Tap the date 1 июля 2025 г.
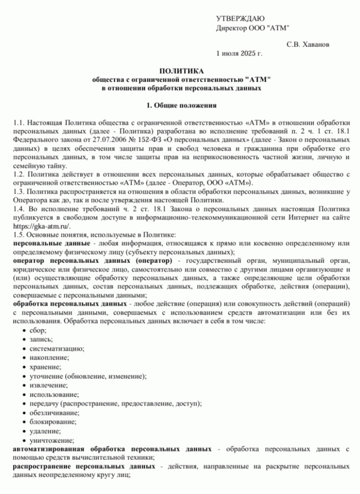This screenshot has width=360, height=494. pyautogui.click(x=239, y=53)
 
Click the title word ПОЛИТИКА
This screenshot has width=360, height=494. pyautogui.click(x=181, y=70)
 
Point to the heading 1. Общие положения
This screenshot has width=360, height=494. pyautogui.click(x=181, y=105)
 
